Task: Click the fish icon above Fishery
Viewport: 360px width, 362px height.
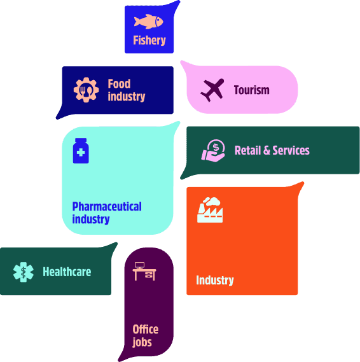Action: pyautogui.click(x=148, y=22)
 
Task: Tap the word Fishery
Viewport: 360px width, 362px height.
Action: pyautogui.click(x=149, y=40)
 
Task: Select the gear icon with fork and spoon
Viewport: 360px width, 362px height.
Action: pyautogui.click(x=86, y=90)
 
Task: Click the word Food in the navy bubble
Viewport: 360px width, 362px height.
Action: pyautogui.click(x=119, y=83)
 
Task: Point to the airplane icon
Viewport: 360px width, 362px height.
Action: pyautogui.click(x=212, y=90)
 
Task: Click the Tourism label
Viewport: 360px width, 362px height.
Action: pyautogui.click(x=251, y=90)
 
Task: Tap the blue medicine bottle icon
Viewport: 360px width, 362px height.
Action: pyautogui.click(x=81, y=151)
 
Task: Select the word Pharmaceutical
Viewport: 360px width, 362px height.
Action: pyautogui.click(x=107, y=206)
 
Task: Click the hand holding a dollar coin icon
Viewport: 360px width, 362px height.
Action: pyautogui.click(x=213, y=151)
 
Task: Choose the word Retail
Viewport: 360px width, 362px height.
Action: pyautogui.click(x=247, y=150)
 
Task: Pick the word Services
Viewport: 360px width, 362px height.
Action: pyautogui.click(x=291, y=150)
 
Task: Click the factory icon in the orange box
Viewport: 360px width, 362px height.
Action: pyautogui.click(x=210, y=210)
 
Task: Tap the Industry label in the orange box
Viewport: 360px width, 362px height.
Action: pyautogui.click(x=215, y=280)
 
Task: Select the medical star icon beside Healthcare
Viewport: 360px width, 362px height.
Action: pyautogui.click(x=24, y=272)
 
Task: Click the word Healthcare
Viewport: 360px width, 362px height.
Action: pyautogui.click(x=67, y=272)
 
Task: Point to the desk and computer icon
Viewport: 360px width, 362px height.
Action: pyautogui.click(x=144, y=271)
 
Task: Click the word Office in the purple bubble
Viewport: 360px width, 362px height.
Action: pyautogui.click(x=146, y=329)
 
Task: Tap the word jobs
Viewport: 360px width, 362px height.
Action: pyautogui.click(x=142, y=342)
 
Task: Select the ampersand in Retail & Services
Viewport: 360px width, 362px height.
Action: pyautogui.click(x=267, y=150)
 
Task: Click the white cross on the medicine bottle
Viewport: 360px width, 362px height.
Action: pyautogui.click(x=81, y=153)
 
